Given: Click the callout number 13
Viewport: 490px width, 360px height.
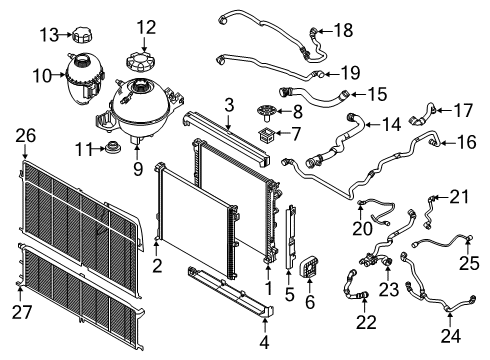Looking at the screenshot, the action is click(49, 35).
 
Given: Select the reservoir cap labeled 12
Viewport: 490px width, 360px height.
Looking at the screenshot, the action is click(138, 61).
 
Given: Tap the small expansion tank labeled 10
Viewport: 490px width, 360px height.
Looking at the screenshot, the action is click(85, 78).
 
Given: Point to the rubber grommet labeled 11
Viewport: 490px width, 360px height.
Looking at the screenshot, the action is click(112, 148).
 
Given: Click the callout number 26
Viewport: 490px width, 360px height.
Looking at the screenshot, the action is click(26, 136).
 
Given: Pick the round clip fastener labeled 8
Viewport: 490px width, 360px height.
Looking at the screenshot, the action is click(266, 111).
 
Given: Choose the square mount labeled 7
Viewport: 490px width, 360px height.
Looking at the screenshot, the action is click(266, 134).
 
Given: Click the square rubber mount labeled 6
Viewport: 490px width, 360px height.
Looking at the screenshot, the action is click(309, 268).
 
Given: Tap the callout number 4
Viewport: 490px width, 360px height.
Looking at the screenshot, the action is click(264, 342).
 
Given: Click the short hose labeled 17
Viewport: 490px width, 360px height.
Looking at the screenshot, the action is click(423, 115).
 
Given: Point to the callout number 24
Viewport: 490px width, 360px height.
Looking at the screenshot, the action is click(451, 336).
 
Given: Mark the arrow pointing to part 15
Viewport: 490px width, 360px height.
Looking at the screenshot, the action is click(358, 94).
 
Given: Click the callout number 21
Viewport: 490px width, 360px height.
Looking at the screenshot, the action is click(459, 197).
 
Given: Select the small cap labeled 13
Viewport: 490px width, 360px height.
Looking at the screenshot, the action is click(81, 35).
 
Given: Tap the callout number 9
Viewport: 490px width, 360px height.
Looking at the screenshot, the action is click(138, 169).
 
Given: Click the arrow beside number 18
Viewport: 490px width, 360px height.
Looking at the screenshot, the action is click(324, 31).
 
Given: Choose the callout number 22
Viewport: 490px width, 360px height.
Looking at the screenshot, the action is click(366, 322).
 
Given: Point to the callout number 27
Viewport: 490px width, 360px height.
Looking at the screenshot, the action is click(22, 312).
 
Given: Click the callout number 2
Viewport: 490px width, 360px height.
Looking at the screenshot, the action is click(157, 266).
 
